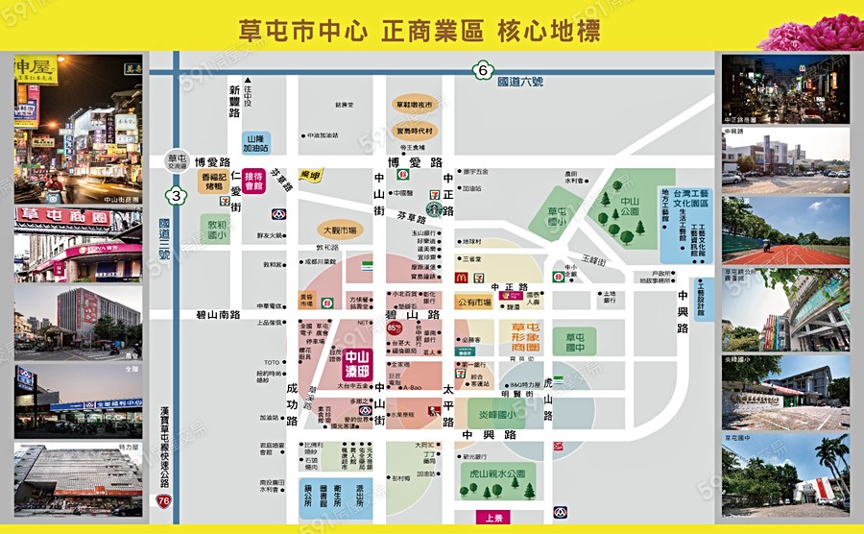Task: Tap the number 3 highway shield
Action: point(176,196)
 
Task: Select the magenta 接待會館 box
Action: point(253,182)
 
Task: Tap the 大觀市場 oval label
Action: point(340,231)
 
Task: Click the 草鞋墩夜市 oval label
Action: point(415,105)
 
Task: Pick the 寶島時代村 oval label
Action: point(415,130)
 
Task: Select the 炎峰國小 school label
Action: point(497,416)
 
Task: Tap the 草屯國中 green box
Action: point(580,343)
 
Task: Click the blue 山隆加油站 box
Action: point(255,143)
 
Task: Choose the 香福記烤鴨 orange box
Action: point(217,182)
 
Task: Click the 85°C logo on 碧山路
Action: point(394,328)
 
